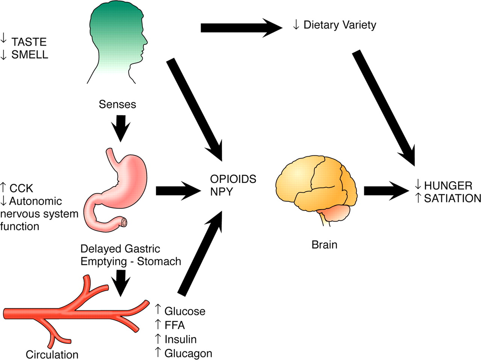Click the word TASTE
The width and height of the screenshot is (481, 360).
[29, 42]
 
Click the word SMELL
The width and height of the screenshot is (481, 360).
[30, 55]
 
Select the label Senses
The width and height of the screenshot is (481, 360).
[117, 104]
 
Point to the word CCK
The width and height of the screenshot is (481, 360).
[21, 188]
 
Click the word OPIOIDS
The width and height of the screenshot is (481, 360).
[233, 179]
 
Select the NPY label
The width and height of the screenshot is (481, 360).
[222, 192]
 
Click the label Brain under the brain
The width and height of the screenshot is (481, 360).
[324, 245]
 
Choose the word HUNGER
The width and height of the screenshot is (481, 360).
[448, 185]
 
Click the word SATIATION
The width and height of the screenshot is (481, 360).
[452, 198]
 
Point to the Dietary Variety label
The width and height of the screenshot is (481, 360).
[339, 25]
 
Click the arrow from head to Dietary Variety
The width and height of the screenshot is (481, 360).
[240, 28]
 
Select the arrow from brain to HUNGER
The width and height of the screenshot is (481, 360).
[387, 191]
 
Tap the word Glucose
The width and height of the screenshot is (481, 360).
[185, 312]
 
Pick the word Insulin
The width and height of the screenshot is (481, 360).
[180, 339]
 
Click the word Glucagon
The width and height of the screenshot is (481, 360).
[188, 353]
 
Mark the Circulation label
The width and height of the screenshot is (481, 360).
[52, 354]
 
